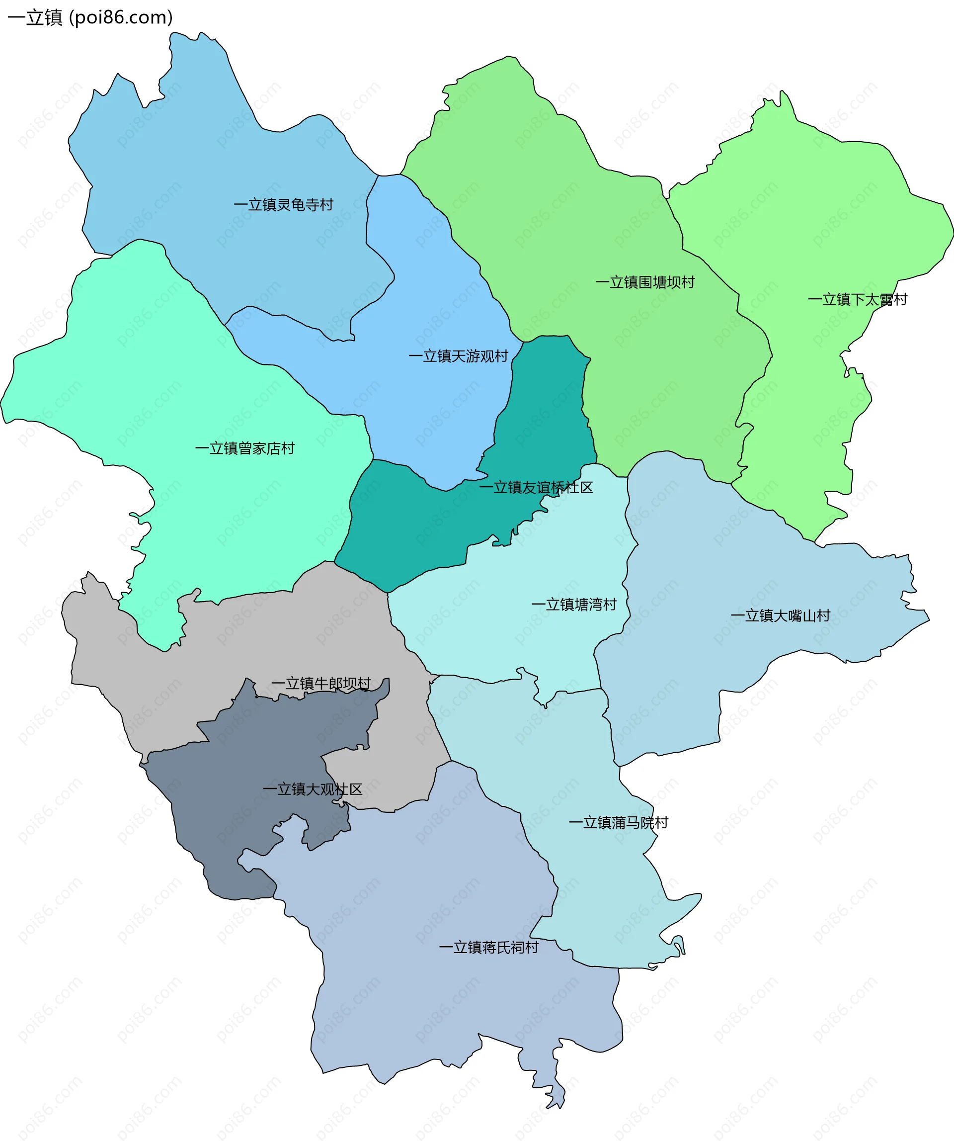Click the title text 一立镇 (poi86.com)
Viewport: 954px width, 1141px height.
pyautogui.click(x=90, y=17)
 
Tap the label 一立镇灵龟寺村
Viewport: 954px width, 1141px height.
pyautogui.click(x=283, y=205)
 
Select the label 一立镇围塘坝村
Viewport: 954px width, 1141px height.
pyautogui.click(x=644, y=282)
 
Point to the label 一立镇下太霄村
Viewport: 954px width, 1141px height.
pyautogui.click(x=857, y=300)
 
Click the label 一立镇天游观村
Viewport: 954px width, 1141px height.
pyautogui.click(x=458, y=356)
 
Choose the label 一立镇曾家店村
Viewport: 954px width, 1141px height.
pyautogui.click(x=244, y=448)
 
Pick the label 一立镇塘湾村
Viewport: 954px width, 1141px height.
pyautogui.click(x=573, y=605)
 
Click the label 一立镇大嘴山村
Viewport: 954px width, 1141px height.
pyautogui.click(x=780, y=615)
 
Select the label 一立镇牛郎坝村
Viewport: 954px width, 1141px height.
pyautogui.click(x=321, y=684)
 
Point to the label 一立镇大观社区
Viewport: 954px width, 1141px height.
pyautogui.click(x=312, y=789)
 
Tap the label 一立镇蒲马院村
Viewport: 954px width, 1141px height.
pyautogui.click(x=618, y=823)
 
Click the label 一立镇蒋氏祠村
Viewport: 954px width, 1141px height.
pyautogui.click(x=488, y=948)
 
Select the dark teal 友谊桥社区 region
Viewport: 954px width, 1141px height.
pyautogui.click(x=413, y=522)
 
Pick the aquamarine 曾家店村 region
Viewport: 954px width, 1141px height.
pyautogui.click(x=163, y=380)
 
